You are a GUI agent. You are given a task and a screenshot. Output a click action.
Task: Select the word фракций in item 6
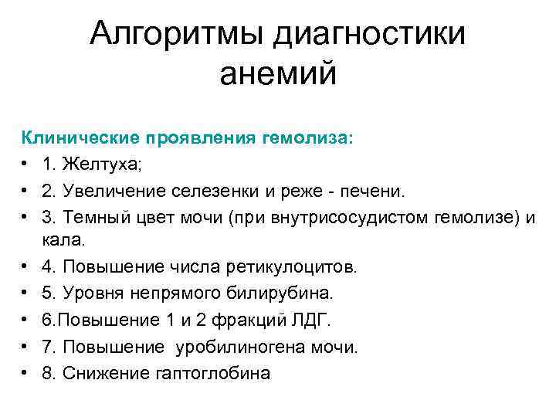click(230, 320)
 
